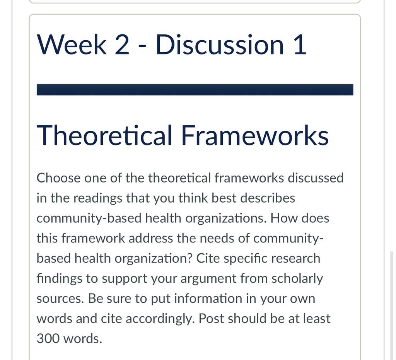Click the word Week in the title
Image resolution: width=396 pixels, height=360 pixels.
(x=72, y=45)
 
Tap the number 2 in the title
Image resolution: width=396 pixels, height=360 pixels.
(x=122, y=45)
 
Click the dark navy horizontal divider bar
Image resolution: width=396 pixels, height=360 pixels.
(x=195, y=90)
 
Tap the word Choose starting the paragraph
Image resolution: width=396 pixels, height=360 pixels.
(x=59, y=178)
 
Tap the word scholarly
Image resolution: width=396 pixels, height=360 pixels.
(x=297, y=279)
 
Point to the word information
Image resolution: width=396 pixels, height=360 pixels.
(x=208, y=299)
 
